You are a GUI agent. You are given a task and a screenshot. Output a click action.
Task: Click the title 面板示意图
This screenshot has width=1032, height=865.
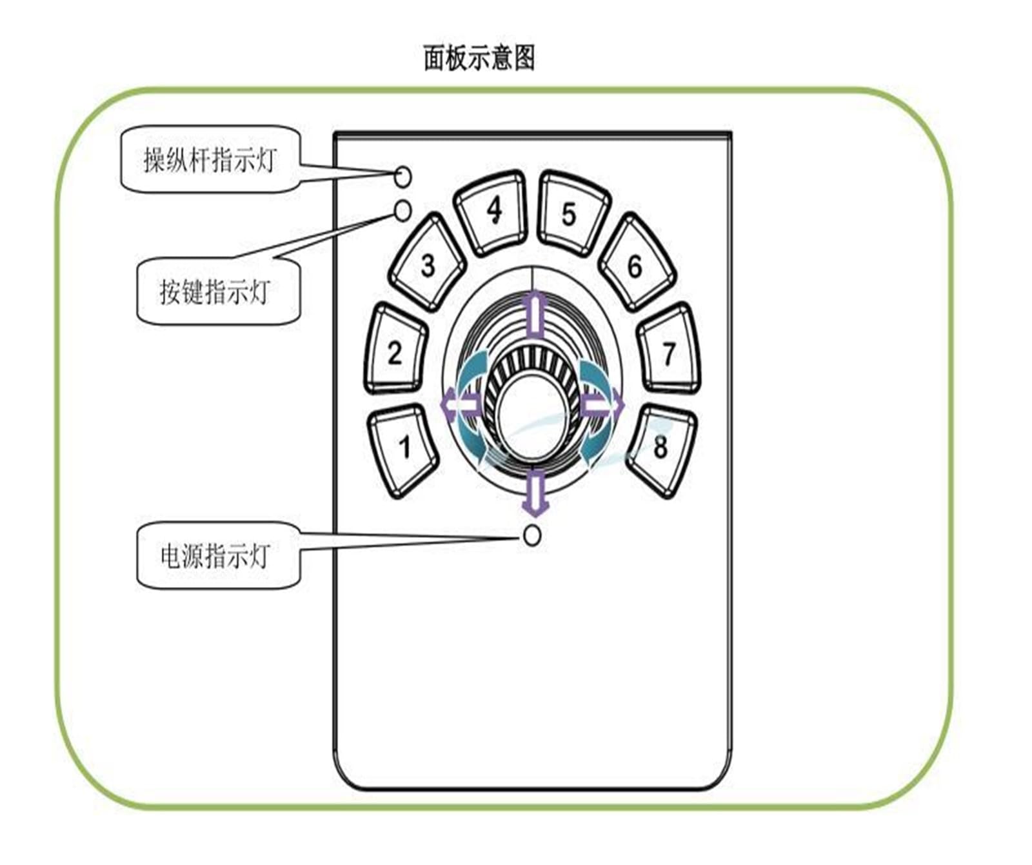479,58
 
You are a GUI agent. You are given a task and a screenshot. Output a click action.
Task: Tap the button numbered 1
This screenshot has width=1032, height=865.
403,450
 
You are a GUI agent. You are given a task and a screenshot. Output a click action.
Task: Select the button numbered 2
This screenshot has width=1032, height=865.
395,350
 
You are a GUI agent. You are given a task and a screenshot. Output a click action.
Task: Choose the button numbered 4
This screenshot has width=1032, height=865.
491,212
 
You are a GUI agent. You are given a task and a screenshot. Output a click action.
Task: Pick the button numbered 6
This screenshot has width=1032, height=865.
637,263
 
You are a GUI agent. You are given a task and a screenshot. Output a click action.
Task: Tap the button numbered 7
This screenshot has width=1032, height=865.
669,350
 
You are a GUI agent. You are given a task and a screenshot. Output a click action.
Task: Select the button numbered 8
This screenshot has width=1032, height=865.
661,450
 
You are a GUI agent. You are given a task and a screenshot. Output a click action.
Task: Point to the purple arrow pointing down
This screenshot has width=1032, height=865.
535,492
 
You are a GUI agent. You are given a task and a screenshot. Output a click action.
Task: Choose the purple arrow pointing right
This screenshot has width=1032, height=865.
603,405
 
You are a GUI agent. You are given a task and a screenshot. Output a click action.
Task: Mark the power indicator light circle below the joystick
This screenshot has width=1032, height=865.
532,535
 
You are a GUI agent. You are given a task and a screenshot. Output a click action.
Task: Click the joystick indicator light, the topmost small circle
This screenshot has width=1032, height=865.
402,176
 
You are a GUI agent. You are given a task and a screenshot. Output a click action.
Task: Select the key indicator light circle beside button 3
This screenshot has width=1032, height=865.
402,210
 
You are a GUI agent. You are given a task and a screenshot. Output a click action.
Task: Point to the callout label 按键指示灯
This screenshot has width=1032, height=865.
219,292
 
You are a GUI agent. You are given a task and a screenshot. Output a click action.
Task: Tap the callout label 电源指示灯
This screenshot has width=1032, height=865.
219,555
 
